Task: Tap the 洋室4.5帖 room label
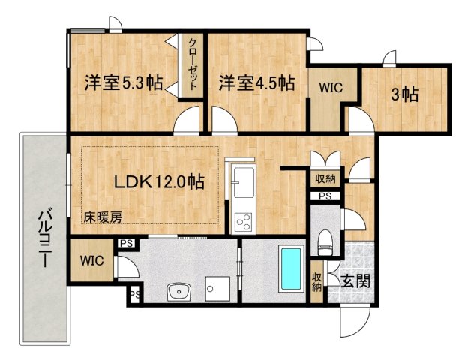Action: (x=256, y=83)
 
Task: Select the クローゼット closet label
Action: (x=193, y=64)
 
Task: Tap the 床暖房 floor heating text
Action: (x=103, y=217)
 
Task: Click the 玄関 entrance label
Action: (x=355, y=282)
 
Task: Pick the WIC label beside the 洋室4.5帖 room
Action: (x=330, y=88)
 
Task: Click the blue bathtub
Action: (x=290, y=268)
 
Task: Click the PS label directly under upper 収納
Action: (x=325, y=196)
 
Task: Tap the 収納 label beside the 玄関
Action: (x=317, y=281)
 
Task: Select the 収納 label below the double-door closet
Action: (x=325, y=179)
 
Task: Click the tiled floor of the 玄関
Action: (x=360, y=259)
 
